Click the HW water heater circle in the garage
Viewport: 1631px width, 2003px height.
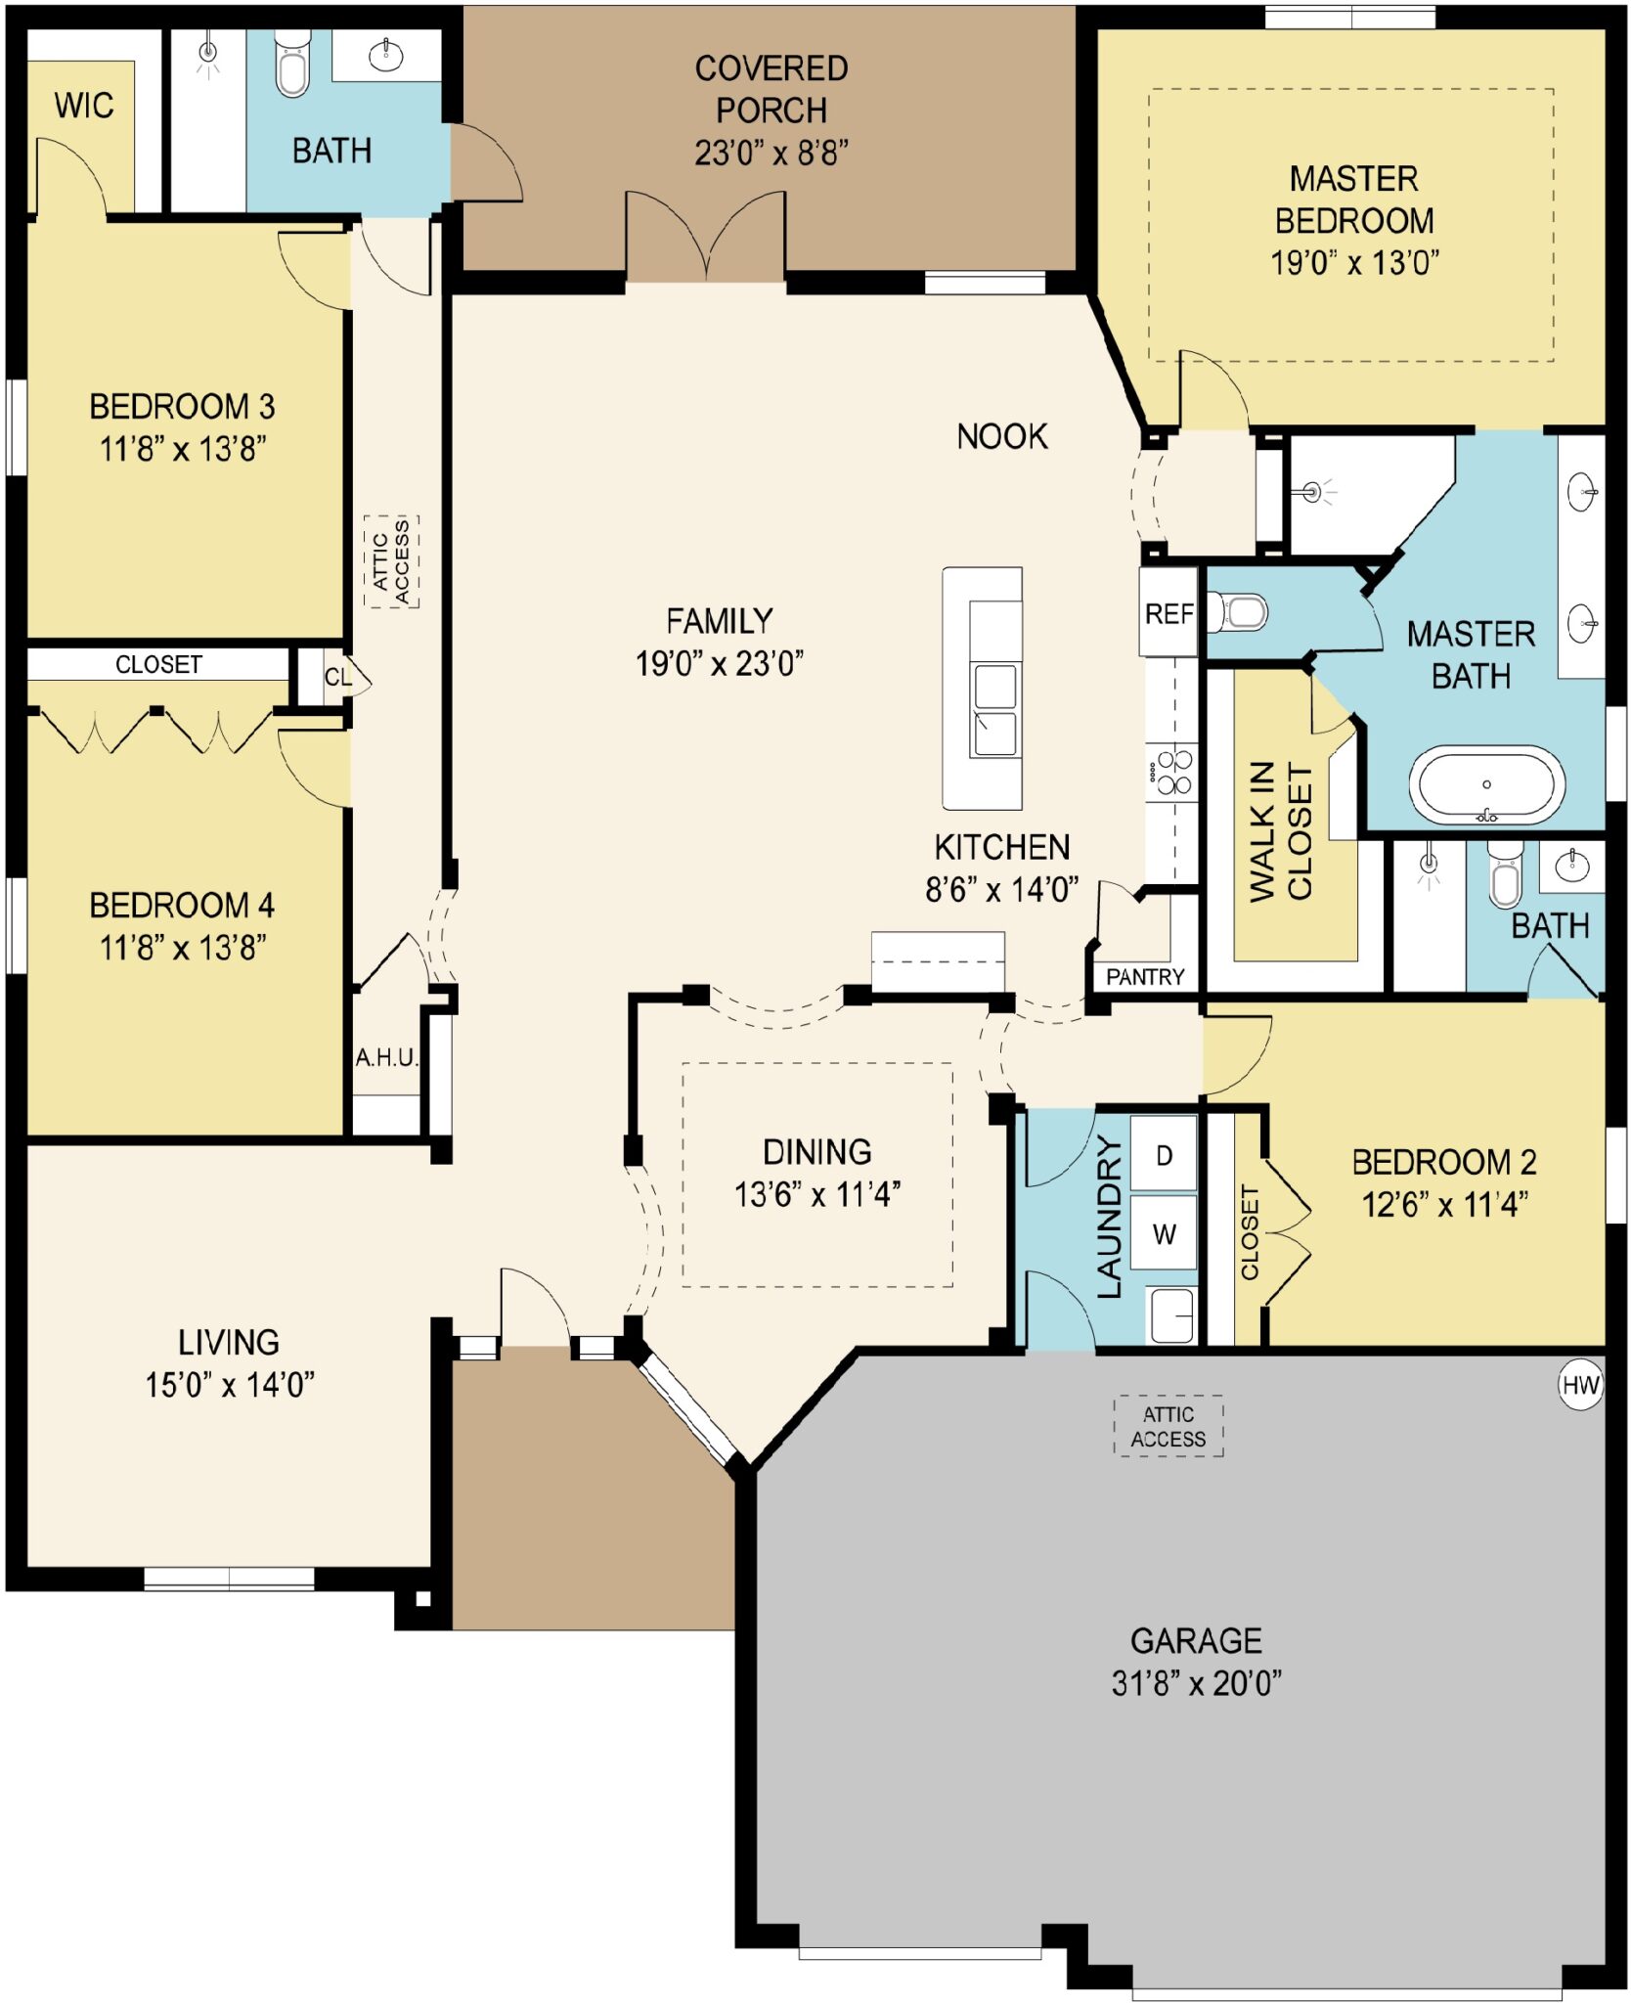pos(1579,1385)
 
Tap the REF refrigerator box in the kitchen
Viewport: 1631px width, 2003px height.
pos(1168,613)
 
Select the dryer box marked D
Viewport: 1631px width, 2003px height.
pos(1164,1155)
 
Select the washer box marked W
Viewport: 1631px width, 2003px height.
pos(1164,1234)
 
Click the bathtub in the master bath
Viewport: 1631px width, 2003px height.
pos(1485,784)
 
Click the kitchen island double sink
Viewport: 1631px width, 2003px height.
pos(994,709)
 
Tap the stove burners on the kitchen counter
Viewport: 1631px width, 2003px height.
pos(1172,773)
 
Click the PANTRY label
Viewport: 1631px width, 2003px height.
pos(1144,976)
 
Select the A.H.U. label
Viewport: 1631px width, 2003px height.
pos(386,1057)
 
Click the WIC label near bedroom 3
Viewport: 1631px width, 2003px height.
pos(83,105)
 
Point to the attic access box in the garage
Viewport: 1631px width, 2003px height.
pos(1168,1426)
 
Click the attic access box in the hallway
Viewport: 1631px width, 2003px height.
pos(391,561)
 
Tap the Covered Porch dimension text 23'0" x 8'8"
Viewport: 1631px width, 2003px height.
pos(771,153)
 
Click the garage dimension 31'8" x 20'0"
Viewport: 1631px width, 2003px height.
pos(1195,1683)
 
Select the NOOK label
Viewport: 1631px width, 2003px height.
pos(1001,436)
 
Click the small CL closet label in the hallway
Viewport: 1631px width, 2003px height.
pos(337,677)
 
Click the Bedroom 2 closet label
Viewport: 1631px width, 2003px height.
pos(1249,1231)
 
